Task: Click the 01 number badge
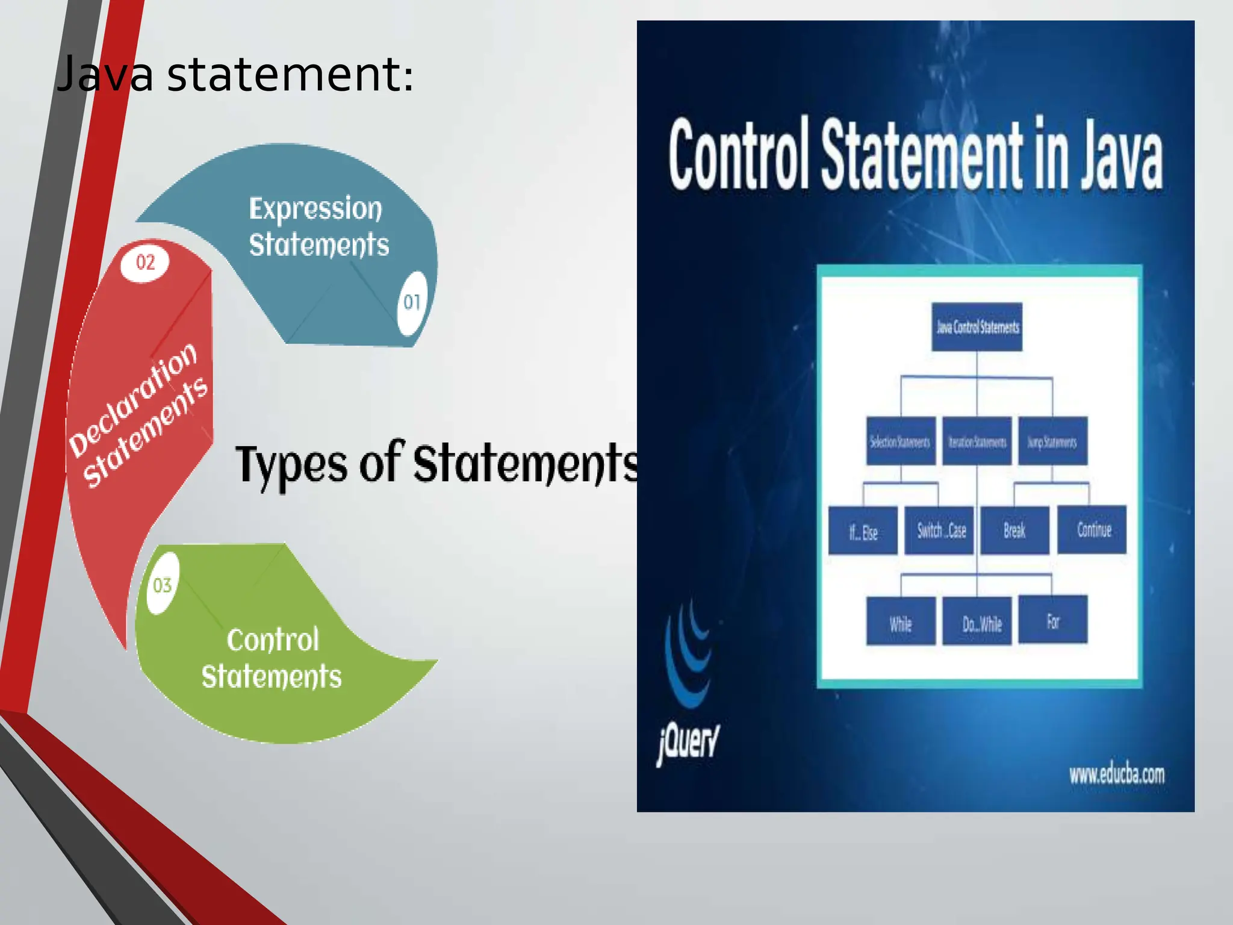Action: pos(412,302)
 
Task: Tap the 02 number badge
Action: pos(145,263)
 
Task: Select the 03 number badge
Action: pos(163,585)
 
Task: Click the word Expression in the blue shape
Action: pos(315,209)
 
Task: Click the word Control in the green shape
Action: pos(273,640)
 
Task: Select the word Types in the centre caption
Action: pos(291,464)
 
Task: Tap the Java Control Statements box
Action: pos(977,327)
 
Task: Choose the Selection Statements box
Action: pos(901,441)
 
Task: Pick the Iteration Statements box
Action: pos(977,441)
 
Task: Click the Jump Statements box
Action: pos(1052,441)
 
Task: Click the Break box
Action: pos(1014,530)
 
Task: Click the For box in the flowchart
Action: pos(1052,620)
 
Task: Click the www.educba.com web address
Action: pos(1116,774)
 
